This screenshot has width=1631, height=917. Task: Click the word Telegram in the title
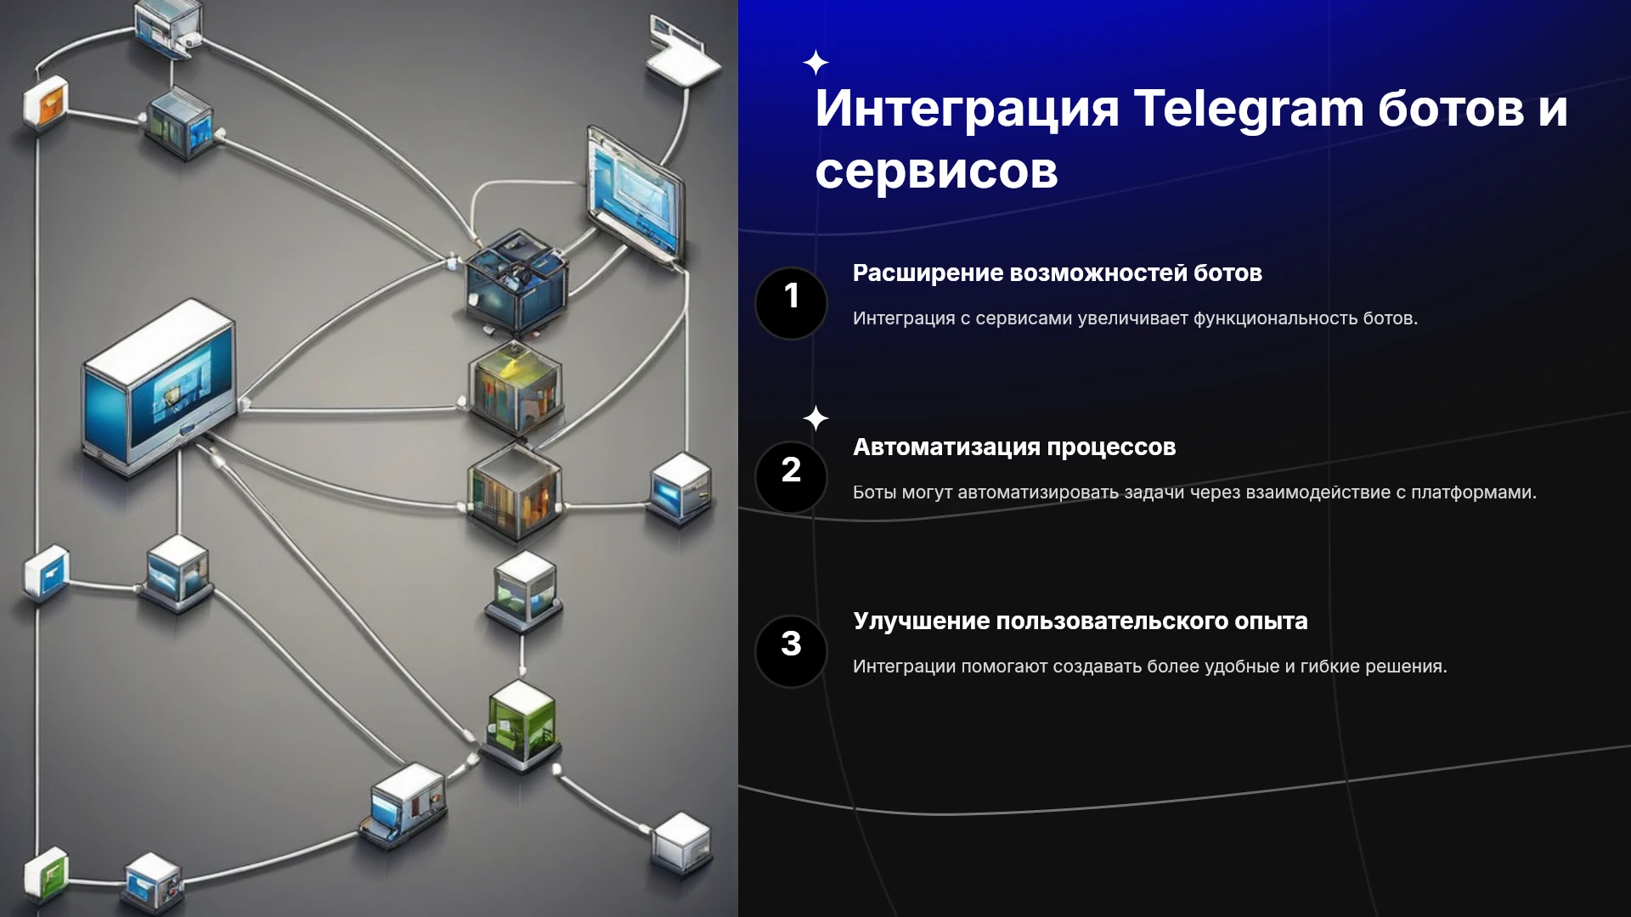tap(1249, 110)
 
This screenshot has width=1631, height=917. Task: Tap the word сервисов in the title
tap(936, 171)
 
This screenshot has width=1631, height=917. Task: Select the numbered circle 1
tap(791, 303)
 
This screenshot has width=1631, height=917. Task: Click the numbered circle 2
tap(791, 477)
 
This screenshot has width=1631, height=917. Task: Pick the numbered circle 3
tap(791, 651)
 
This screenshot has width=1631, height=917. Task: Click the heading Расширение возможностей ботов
tap(1057, 273)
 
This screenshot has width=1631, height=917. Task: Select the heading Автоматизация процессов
tap(1014, 447)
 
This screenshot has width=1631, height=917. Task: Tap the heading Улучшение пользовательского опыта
tap(1080, 622)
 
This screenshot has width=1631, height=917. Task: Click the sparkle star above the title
tap(815, 63)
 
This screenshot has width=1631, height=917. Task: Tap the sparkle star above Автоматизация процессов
tap(815, 419)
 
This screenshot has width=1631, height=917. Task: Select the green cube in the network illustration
tap(522, 723)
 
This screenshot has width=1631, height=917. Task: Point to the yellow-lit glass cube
tap(515, 387)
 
